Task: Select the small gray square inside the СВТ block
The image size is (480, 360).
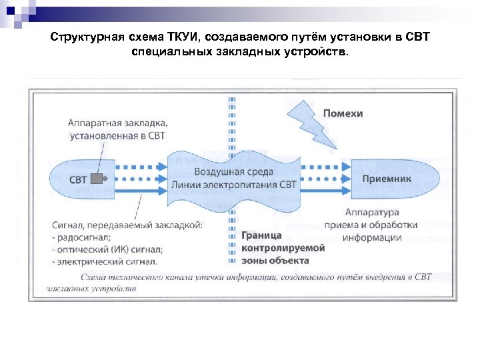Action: coord(97,179)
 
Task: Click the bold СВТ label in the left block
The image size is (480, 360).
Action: coord(78,179)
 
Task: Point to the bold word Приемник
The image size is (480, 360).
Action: coord(387,179)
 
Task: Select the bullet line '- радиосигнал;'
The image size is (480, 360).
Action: coord(84,238)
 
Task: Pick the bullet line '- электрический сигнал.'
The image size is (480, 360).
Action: coord(104,262)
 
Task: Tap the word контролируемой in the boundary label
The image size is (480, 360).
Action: coord(283,247)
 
